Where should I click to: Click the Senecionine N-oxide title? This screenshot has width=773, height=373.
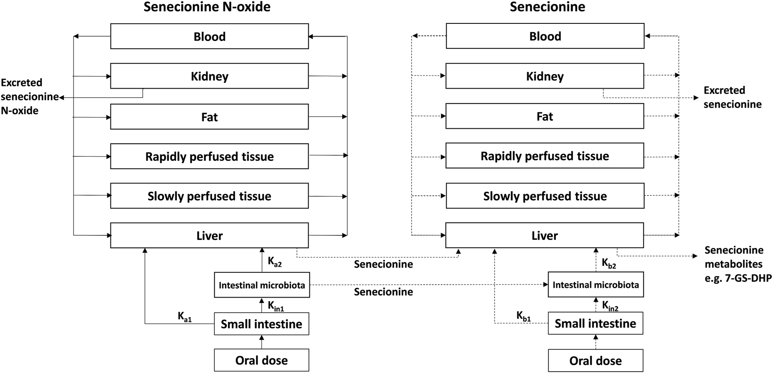pos(207,7)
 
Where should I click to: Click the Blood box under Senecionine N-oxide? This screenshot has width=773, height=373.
pos(209,36)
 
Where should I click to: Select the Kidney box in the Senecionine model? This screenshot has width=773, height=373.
pos(545,76)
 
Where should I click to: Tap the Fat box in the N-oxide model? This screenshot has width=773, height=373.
pos(209,117)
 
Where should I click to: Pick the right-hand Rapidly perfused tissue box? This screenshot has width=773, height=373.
pos(545,156)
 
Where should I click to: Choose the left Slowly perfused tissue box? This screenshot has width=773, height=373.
pos(209,196)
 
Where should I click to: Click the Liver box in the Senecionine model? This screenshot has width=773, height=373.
pos(545,235)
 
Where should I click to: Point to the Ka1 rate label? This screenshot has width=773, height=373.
pos(184,316)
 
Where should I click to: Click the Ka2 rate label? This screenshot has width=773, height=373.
pos(274,262)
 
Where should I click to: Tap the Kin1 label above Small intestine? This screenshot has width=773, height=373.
pos(276,306)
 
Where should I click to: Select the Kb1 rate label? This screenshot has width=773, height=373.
pos(523,316)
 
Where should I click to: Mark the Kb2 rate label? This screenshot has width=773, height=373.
pos(608,264)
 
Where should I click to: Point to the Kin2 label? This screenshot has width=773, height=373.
pos(610,306)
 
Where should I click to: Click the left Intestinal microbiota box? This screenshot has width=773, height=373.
pos(261,285)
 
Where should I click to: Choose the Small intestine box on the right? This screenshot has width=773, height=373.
pos(595,324)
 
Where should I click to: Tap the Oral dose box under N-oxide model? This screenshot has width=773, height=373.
pos(261,360)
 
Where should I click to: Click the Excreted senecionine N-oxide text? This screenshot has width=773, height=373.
pos(29,97)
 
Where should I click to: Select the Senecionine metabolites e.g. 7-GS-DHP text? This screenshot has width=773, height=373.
pos(737,264)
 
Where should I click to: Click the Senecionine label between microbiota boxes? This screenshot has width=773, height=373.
pos(383,292)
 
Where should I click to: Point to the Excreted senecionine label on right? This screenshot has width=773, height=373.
pos(732,97)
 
